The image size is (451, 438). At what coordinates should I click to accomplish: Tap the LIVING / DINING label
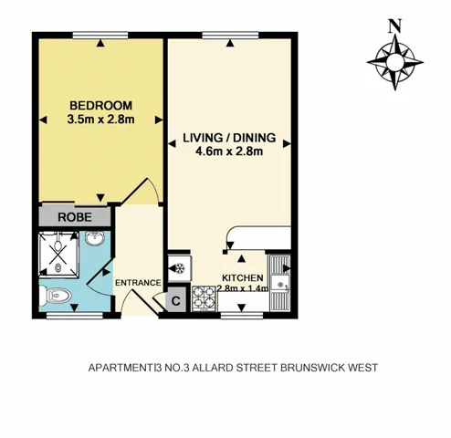229,138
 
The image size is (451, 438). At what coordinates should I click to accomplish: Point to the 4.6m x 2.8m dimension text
229,152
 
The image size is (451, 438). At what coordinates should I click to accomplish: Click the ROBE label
74,218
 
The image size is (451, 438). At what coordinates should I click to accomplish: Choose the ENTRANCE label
138,283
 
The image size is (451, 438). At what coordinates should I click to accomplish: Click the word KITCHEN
243,277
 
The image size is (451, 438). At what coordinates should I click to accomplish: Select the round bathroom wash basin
95,240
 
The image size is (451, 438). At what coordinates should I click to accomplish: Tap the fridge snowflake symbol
179,269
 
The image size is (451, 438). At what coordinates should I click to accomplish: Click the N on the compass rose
394,26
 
